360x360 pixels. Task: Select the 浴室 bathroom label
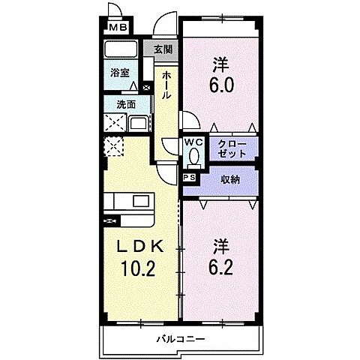click(x=120, y=73)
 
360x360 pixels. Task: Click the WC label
click(x=193, y=141)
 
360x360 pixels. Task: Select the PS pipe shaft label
click(x=189, y=177)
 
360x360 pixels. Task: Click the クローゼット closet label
click(x=230, y=147)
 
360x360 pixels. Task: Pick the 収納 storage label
click(x=230, y=180)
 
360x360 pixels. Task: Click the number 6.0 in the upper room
click(x=220, y=85)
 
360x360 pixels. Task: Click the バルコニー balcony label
click(x=181, y=338)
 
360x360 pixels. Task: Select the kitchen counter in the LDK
click(x=129, y=202)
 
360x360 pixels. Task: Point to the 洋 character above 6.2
click(x=220, y=244)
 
